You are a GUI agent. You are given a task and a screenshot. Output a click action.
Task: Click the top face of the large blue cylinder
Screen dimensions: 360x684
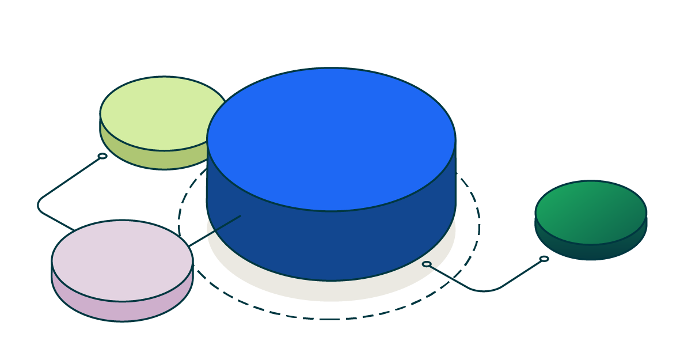tap(331, 138)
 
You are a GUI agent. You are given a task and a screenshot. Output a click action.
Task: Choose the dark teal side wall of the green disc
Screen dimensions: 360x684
tap(591, 252)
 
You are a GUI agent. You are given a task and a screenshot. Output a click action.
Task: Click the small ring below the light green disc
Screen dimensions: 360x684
tap(102, 156)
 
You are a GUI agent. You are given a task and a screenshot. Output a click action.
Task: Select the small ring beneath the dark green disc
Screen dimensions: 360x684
tap(544, 259)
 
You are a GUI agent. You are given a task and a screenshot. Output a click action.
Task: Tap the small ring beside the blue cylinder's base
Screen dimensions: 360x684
tap(427, 264)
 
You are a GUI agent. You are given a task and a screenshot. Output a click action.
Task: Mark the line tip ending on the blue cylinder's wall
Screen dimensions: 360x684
tap(240, 216)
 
